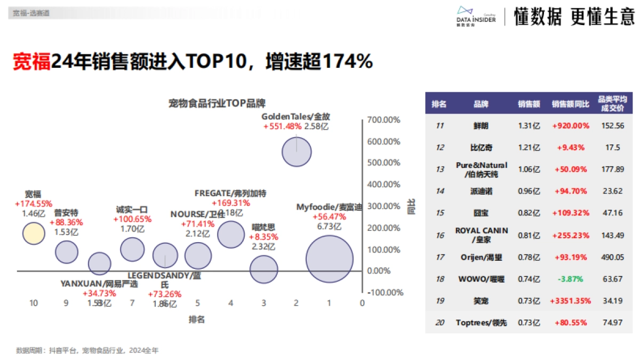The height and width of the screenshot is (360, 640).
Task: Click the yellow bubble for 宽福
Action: tap(33, 233)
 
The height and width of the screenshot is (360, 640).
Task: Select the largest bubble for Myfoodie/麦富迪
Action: tap(330, 258)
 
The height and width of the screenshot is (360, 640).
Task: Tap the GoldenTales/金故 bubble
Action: tap(297, 151)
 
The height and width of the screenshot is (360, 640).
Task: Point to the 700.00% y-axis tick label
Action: tap(383, 120)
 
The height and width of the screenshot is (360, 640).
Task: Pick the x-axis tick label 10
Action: tap(34, 303)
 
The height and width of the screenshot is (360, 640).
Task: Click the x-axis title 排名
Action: tap(197, 319)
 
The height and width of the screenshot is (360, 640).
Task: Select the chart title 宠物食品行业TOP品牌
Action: tap(217, 103)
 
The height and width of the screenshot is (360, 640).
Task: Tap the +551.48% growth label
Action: tap(282, 127)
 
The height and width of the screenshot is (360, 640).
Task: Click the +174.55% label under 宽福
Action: tap(33, 204)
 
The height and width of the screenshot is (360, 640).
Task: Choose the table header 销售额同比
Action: tap(570, 105)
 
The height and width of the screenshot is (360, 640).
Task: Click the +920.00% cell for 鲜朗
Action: tap(570, 126)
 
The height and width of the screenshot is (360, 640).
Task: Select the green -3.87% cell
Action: tap(570, 278)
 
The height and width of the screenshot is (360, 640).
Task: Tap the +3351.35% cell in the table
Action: tap(570, 300)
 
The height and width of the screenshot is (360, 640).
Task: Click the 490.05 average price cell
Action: tap(612, 257)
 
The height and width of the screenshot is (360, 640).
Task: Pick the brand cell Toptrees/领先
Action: tap(481, 323)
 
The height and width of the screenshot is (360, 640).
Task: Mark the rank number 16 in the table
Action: tap(439, 235)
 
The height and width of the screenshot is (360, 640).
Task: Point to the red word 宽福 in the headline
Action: tap(31, 61)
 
